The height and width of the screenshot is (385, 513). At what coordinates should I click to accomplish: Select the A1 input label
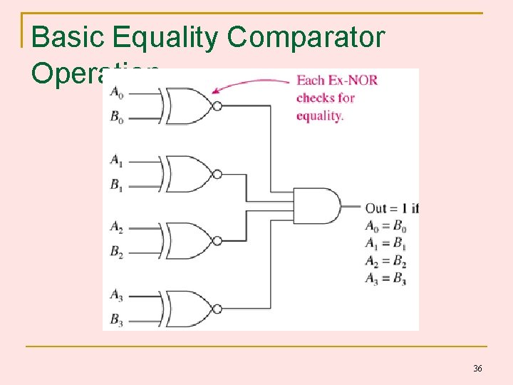pos(116,160)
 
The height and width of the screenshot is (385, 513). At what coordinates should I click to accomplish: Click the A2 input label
pos(116,227)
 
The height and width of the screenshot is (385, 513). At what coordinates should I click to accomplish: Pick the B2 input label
pos(116,253)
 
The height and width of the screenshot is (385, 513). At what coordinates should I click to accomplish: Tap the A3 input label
pos(116,294)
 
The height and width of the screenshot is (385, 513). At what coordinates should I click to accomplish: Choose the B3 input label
pos(116,320)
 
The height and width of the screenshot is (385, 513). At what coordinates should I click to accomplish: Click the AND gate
pos(316,207)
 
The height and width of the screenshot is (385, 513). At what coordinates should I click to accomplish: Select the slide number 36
pos(477,369)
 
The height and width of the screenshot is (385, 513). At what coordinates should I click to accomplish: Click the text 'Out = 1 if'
pos(392,209)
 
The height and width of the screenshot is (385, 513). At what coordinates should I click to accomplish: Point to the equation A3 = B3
pos(385,279)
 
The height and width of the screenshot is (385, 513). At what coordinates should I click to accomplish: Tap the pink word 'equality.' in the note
pos(320,115)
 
